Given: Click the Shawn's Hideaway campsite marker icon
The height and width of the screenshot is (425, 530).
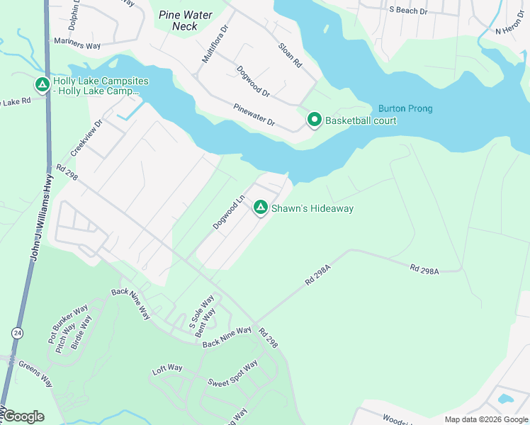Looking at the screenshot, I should click(x=261, y=208).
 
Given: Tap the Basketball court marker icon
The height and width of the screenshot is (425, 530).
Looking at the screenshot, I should click(x=314, y=120).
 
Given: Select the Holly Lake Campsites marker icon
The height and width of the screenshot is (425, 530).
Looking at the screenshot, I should click(x=42, y=86).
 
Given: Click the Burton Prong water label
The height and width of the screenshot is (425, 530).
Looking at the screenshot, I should click(x=405, y=108).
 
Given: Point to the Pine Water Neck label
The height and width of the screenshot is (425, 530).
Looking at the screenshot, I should click(x=186, y=20).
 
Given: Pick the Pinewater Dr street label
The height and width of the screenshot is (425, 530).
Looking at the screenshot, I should click(x=254, y=115).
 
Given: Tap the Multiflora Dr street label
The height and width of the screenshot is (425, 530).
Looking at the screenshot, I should click(x=215, y=45).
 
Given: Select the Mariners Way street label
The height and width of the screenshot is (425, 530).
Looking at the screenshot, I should click(x=78, y=45).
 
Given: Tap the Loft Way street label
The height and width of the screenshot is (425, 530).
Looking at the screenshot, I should click(x=167, y=369).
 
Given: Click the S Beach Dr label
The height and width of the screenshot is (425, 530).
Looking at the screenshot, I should click(x=409, y=11).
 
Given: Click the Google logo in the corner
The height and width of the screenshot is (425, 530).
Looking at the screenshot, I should click(x=23, y=416).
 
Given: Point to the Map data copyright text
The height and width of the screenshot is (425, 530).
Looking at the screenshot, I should click(x=485, y=419).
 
